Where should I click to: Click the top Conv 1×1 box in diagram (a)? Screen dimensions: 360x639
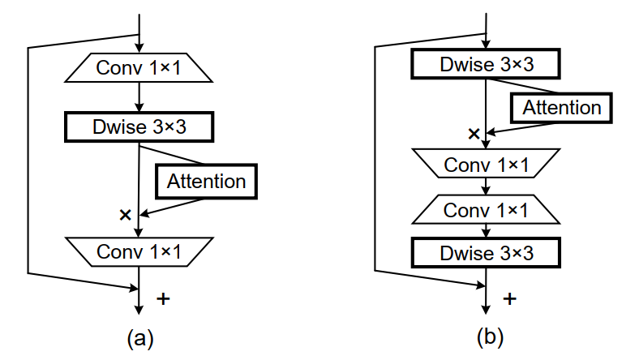pos(139,68)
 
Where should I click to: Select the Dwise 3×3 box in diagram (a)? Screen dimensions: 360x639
pos(139,126)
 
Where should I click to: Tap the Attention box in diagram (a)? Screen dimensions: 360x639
pos(206,181)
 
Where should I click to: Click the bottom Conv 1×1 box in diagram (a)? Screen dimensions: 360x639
pos(139,251)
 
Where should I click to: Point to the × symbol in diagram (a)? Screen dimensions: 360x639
pos(125,215)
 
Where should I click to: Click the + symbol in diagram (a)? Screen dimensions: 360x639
pos(163,298)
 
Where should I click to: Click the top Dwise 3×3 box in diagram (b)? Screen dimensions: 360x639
pos(486,64)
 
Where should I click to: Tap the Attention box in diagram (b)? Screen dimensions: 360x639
pos(562,108)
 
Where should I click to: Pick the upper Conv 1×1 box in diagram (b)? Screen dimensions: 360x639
pos(486,165)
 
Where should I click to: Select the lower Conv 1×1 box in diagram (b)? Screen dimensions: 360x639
pos(486,210)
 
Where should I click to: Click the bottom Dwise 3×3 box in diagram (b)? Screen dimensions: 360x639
pos(486,252)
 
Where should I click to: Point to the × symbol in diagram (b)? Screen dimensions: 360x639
pos(474,133)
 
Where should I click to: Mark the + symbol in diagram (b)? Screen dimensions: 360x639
pos(509,298)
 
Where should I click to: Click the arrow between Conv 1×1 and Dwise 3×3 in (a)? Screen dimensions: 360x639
pos(139,97)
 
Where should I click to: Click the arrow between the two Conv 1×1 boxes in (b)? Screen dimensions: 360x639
pos(486,187)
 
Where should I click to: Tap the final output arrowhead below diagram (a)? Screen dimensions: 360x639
pos(139,309)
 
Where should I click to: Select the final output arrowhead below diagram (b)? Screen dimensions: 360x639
pos(486,309)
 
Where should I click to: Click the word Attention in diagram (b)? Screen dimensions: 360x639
pos(562,108)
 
